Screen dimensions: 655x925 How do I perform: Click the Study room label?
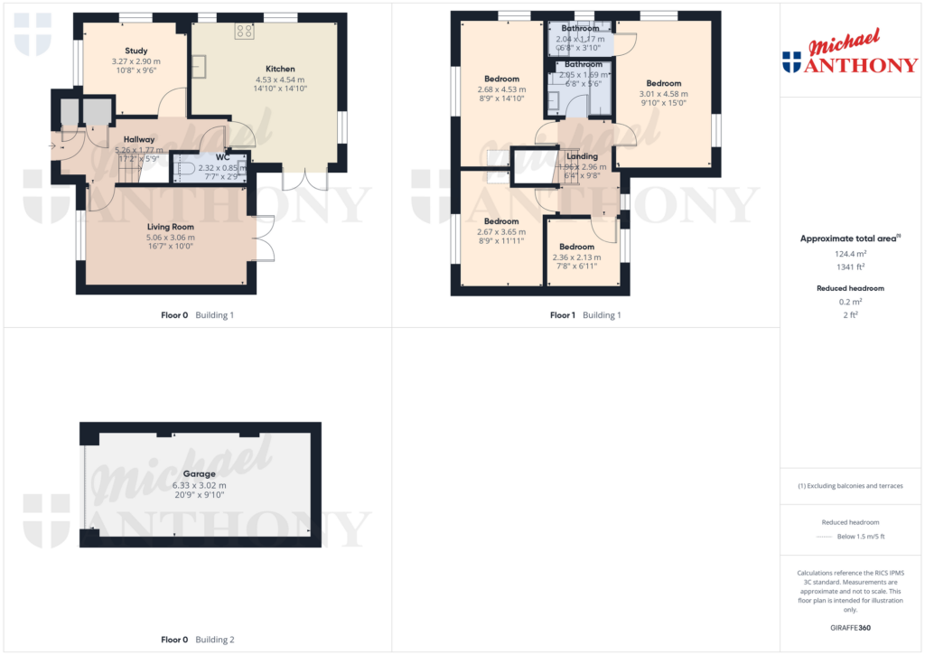pyautogui.click(x=135, y=51)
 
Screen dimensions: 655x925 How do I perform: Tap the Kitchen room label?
pyautogui.click(x=280, y=69)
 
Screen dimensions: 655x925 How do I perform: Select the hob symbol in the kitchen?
pyautogui.click(x=245, y=31)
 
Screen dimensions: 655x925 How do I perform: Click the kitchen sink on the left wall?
pyautogui.click(x=199, y=67)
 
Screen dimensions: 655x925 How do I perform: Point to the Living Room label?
pyautogui.click(x=171, y=227)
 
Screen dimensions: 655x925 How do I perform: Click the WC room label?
pyautogui.click(x=223, y=157)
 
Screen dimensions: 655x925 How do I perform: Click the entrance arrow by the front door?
pyautogui.click(x=55, y=145)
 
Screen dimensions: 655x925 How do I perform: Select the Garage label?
pyautogui.click(x=200, y=473)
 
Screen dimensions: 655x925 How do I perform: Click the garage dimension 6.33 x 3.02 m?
pyautogui.click(x=200, y=484)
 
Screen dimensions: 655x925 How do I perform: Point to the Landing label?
pyautogui.click(x=582, y=156)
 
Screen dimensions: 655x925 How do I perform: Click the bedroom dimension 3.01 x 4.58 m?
pyautogui.click(x=663, y=94)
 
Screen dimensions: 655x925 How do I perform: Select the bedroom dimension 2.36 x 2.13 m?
pyautogui.click(x=576, y=257)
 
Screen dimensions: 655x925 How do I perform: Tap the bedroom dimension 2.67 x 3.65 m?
pyautogui.click(x=500, y=232)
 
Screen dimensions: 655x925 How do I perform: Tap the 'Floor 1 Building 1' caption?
pyautogui.click(x=585, y=315)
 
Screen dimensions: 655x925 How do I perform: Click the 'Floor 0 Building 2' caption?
pyautogui.click(x=197, y=640)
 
